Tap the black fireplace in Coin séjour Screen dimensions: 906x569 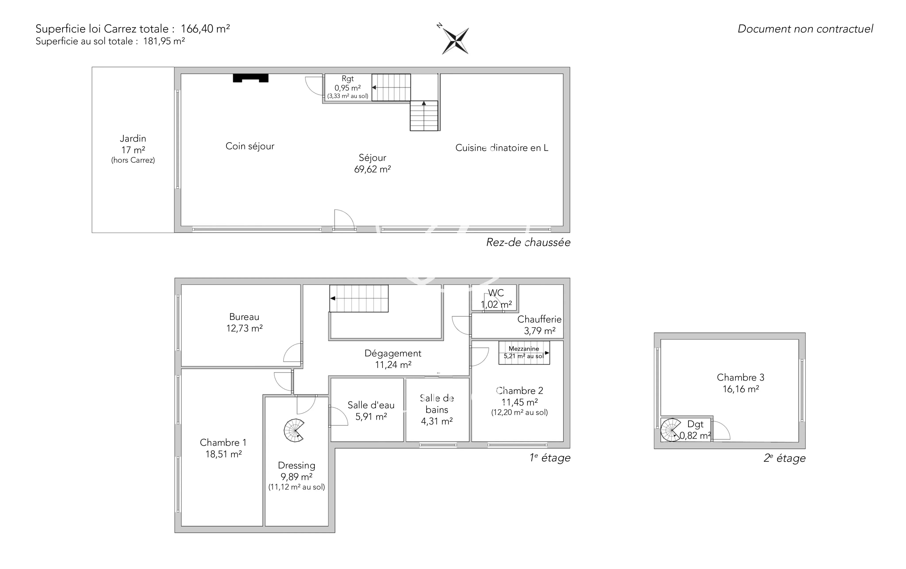251,78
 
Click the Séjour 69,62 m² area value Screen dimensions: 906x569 372,169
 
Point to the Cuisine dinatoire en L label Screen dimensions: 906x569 501,148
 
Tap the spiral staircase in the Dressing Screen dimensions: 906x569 294,430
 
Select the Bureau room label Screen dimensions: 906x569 244,317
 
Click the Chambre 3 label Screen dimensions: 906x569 741,377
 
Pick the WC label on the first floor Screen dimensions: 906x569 496,293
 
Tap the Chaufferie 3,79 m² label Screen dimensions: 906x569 539,325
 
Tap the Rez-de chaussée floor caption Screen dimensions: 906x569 528,242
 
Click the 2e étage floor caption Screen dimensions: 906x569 785,458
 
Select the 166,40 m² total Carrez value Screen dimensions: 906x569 205,29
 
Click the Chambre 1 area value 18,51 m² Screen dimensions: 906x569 223,454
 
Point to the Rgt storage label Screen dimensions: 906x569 348,79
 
